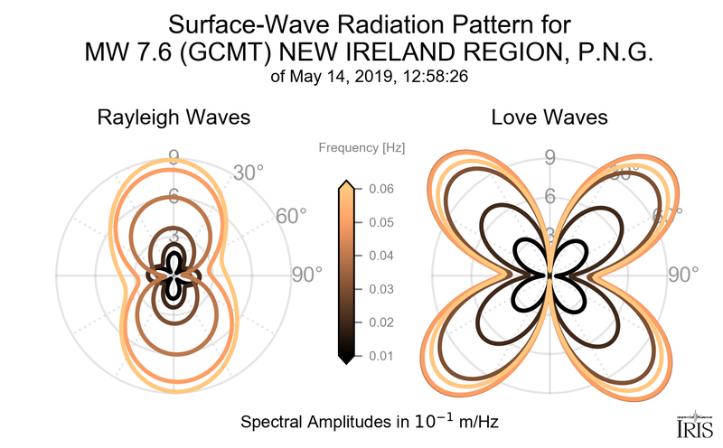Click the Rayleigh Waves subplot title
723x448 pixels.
(x=174, y=117)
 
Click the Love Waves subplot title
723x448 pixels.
(x=549, y=117)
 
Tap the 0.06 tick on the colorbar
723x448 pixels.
(x=381, y=189)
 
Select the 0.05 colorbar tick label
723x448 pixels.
(x=381, y=222)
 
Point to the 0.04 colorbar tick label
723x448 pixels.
(x=381, y=256)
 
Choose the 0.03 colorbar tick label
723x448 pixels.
(x=381, y=289)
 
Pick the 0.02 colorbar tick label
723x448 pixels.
(x=381, y=322)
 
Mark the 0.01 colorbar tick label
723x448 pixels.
(x=381, y=356)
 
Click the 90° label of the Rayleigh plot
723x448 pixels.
(x=305, y=275)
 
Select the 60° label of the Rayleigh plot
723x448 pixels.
(x=291, y=217)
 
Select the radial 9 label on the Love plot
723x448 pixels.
(x=549, y=159)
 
